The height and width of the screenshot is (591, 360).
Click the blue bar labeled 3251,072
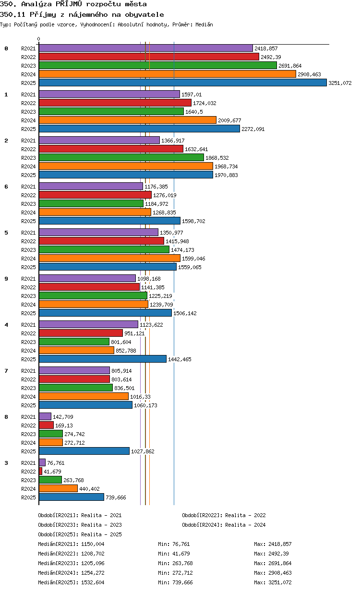pos(182,83)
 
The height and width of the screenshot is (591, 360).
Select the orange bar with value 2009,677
pos(128,120)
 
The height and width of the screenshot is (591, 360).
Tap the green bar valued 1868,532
pos(121,157)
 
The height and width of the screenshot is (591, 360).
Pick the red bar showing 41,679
pos(40,471)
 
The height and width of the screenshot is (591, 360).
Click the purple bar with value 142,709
pos(45,416)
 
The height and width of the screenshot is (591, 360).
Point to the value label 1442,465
pos(180,359)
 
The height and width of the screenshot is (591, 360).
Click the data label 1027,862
pos(143,451)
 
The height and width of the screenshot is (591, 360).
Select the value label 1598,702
pos(193,221)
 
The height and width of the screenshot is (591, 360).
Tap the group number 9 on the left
pos(6,279)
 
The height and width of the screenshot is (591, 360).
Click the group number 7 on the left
pos(6,371)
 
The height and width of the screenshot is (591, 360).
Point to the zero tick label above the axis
pos(38,39)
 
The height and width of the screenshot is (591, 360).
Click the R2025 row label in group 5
pos(28,267)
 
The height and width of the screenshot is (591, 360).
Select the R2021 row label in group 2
pos(28,141)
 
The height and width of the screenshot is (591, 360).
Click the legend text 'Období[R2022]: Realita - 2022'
pos(224,515)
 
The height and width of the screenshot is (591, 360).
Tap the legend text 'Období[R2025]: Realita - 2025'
pos(80,534)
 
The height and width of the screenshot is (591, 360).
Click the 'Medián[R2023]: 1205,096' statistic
pos(71,563)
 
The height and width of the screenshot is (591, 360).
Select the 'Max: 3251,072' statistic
pos(273,582)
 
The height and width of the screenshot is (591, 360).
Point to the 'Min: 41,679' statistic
pos(174,554)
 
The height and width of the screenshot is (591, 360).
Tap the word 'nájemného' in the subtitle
pos(88,15)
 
